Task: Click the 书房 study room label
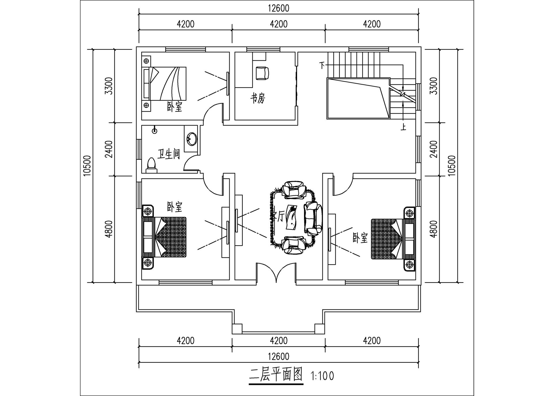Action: [x=258, y=98]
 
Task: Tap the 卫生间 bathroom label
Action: [x=169, y=155]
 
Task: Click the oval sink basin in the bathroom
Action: [x=192, y=139]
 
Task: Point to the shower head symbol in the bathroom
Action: [x=154, y=131]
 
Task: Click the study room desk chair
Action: [x=262, y=73]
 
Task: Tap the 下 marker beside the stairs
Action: [x=322, y=65]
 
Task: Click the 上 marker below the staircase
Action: [x=403, y=127]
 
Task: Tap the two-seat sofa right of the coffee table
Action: [x=313, y=218]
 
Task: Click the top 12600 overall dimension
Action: [x=279, y=8]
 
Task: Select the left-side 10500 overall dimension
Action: [x=87, y=166]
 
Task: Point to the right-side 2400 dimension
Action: [x=433, y=149]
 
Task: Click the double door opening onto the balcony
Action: [x=276, y=273]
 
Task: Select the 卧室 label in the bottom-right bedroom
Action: [x=360, y=238]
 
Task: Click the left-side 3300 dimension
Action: [x=109, y=86]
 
